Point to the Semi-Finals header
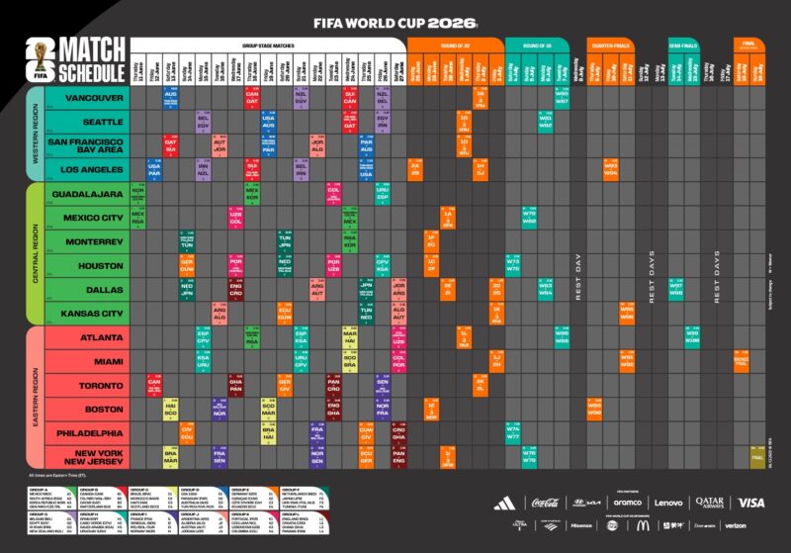click(x=683, y=45)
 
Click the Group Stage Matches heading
click(x=267, y=45)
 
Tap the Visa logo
click(x=750, y=503)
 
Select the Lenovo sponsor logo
click(x=668, y=503)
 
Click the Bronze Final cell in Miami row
click(x=741, y=362)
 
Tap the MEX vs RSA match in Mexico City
click(x=137, y=218)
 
